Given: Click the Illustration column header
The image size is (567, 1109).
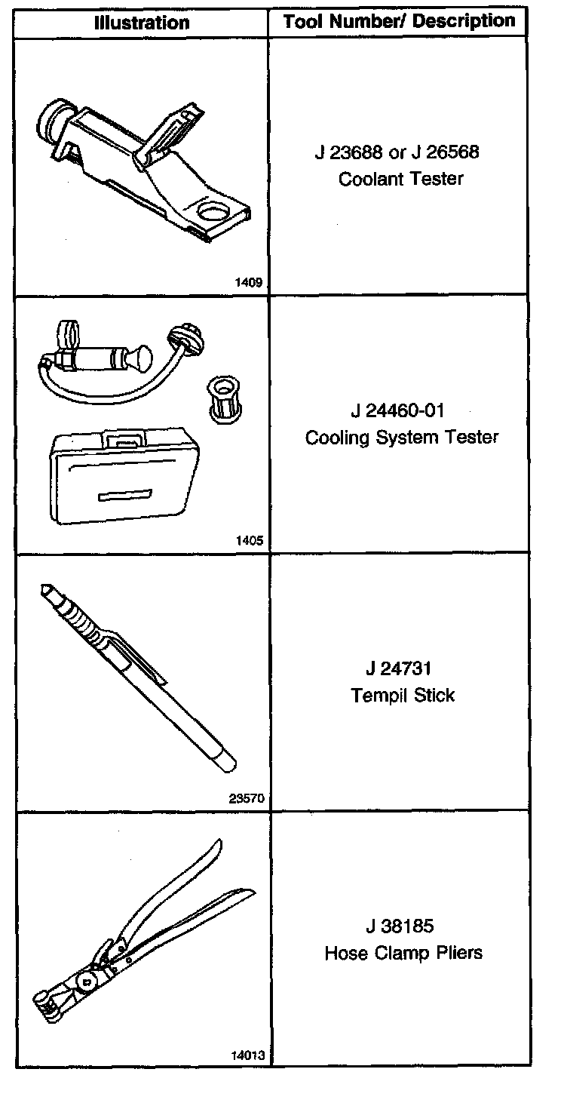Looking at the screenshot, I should pos(142,23).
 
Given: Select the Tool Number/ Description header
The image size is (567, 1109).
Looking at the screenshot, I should pos(400,21).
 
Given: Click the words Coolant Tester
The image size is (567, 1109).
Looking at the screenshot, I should pos(400,180).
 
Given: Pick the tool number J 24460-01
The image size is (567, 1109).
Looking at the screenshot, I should pos(398,411).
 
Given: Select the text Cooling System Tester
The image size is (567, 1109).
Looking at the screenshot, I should pos(401,438).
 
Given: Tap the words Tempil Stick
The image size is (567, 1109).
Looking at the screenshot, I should pos(403,695).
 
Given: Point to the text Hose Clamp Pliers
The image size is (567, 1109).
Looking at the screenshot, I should pos(403,953).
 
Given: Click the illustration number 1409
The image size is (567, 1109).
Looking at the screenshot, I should pos(248,284).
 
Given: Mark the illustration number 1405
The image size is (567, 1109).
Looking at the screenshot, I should pos(248,540).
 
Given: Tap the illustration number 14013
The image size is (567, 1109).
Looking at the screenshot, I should pos(247,1055).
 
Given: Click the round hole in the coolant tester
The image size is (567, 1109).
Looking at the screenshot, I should pos(213,213).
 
